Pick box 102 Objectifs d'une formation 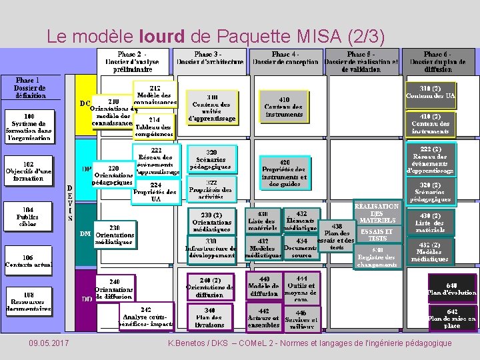(29, 171)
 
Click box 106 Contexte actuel (29, 261)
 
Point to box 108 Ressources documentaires (29, 301)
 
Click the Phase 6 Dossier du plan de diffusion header (437, 61)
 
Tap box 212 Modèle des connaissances (155, 95)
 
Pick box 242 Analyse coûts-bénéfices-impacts (145, 317)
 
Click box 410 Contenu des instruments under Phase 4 (283, 107)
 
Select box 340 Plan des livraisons (210, 317)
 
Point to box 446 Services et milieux (301, 318)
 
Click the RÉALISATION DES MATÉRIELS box (377, 213)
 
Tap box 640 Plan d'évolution (452, 288)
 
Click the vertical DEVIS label (70, 203)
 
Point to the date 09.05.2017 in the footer (49, 343)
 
